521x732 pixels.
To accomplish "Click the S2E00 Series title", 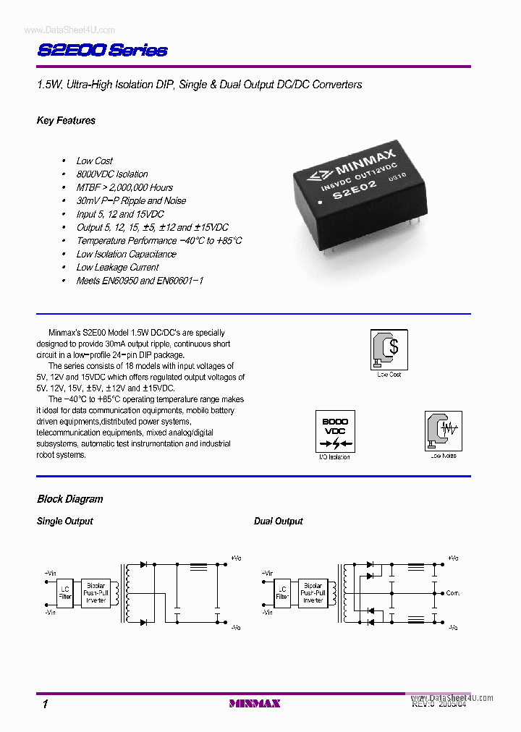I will (101, 50).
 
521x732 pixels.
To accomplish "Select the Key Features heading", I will (66, 121).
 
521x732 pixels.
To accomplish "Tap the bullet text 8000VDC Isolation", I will (112, 174).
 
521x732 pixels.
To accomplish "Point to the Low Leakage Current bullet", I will (118, 268).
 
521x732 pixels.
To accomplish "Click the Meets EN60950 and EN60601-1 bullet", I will (140, 281).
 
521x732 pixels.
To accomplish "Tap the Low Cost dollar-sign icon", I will (389, 349).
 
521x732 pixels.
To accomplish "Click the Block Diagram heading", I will (69, 499).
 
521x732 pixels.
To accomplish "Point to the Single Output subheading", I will (64, 522).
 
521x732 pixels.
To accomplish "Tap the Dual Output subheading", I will (278, 522).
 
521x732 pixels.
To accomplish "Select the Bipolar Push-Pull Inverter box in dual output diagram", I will (313, 593).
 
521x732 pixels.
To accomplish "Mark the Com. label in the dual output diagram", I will (453, 593).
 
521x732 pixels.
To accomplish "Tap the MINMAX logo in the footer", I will (254, 703).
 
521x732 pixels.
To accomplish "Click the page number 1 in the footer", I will (45, 704).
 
